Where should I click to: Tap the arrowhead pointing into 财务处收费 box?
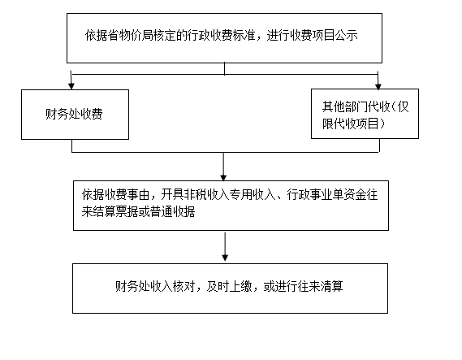71,86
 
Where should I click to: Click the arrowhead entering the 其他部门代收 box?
378,86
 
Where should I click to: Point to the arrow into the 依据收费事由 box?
223,167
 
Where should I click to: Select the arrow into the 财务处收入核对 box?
225,246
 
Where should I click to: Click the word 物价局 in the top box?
131,36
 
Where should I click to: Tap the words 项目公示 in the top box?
335,36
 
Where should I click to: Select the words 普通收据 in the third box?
172,212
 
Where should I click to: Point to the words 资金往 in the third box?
361,194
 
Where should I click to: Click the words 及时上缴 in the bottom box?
229,286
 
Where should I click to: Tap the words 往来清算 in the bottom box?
320,286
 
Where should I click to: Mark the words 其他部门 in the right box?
345,106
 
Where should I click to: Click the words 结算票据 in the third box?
115,212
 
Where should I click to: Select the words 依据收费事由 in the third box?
116,194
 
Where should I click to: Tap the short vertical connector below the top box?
225,69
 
